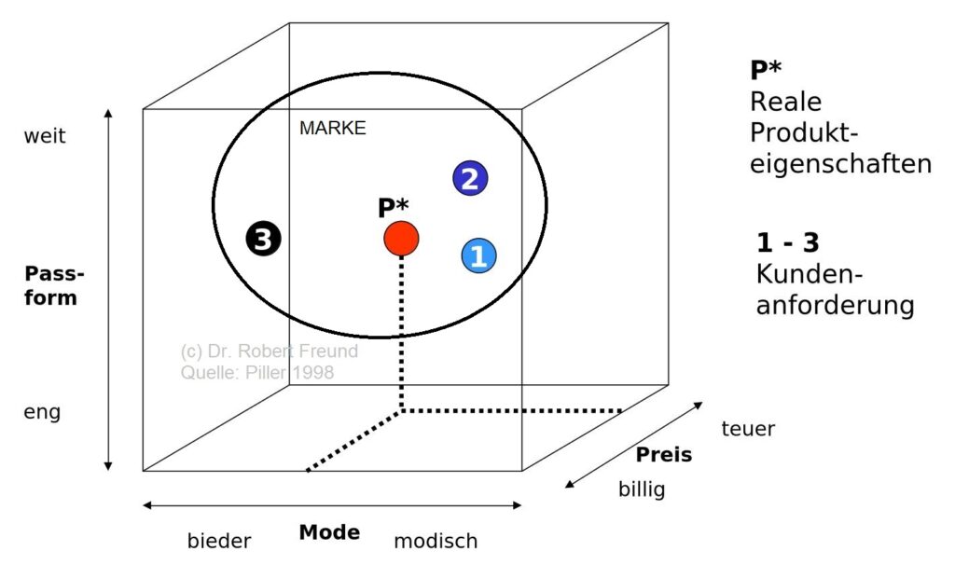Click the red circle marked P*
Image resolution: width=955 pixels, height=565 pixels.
tap(401, 239)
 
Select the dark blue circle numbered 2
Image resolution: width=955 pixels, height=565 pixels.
tap(471, 178)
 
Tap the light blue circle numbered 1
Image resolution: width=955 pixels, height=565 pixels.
tap(478, 255)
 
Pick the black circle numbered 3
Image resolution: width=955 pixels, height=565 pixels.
tap(264, 240)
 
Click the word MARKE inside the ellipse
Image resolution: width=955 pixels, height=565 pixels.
tap(332, 129)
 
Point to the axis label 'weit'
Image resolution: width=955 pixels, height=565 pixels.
tap(44, 136)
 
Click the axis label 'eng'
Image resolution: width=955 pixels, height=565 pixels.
tap(42, 411)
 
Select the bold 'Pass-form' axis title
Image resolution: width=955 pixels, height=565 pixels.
tap(53, 286)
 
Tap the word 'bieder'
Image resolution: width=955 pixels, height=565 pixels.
tap(219, 541)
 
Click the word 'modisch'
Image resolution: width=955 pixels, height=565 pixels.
tap(436, 541)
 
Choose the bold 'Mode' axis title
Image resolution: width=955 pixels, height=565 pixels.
tap(329, 532)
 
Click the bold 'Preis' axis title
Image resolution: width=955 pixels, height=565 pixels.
tap(664, 455)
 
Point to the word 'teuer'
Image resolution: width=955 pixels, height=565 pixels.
tap(748, 429)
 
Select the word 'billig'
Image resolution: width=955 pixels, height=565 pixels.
tap(642, 489)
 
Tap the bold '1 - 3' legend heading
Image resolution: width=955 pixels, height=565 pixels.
tap(788, 244)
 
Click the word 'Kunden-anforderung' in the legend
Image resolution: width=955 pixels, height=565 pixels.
tap(835, 290)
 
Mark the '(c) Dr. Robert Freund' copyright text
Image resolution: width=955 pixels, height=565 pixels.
tap(269, 352)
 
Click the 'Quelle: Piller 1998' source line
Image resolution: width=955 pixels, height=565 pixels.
tap(256, 372)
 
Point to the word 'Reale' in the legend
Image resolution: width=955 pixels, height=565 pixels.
tap(785, 103)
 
